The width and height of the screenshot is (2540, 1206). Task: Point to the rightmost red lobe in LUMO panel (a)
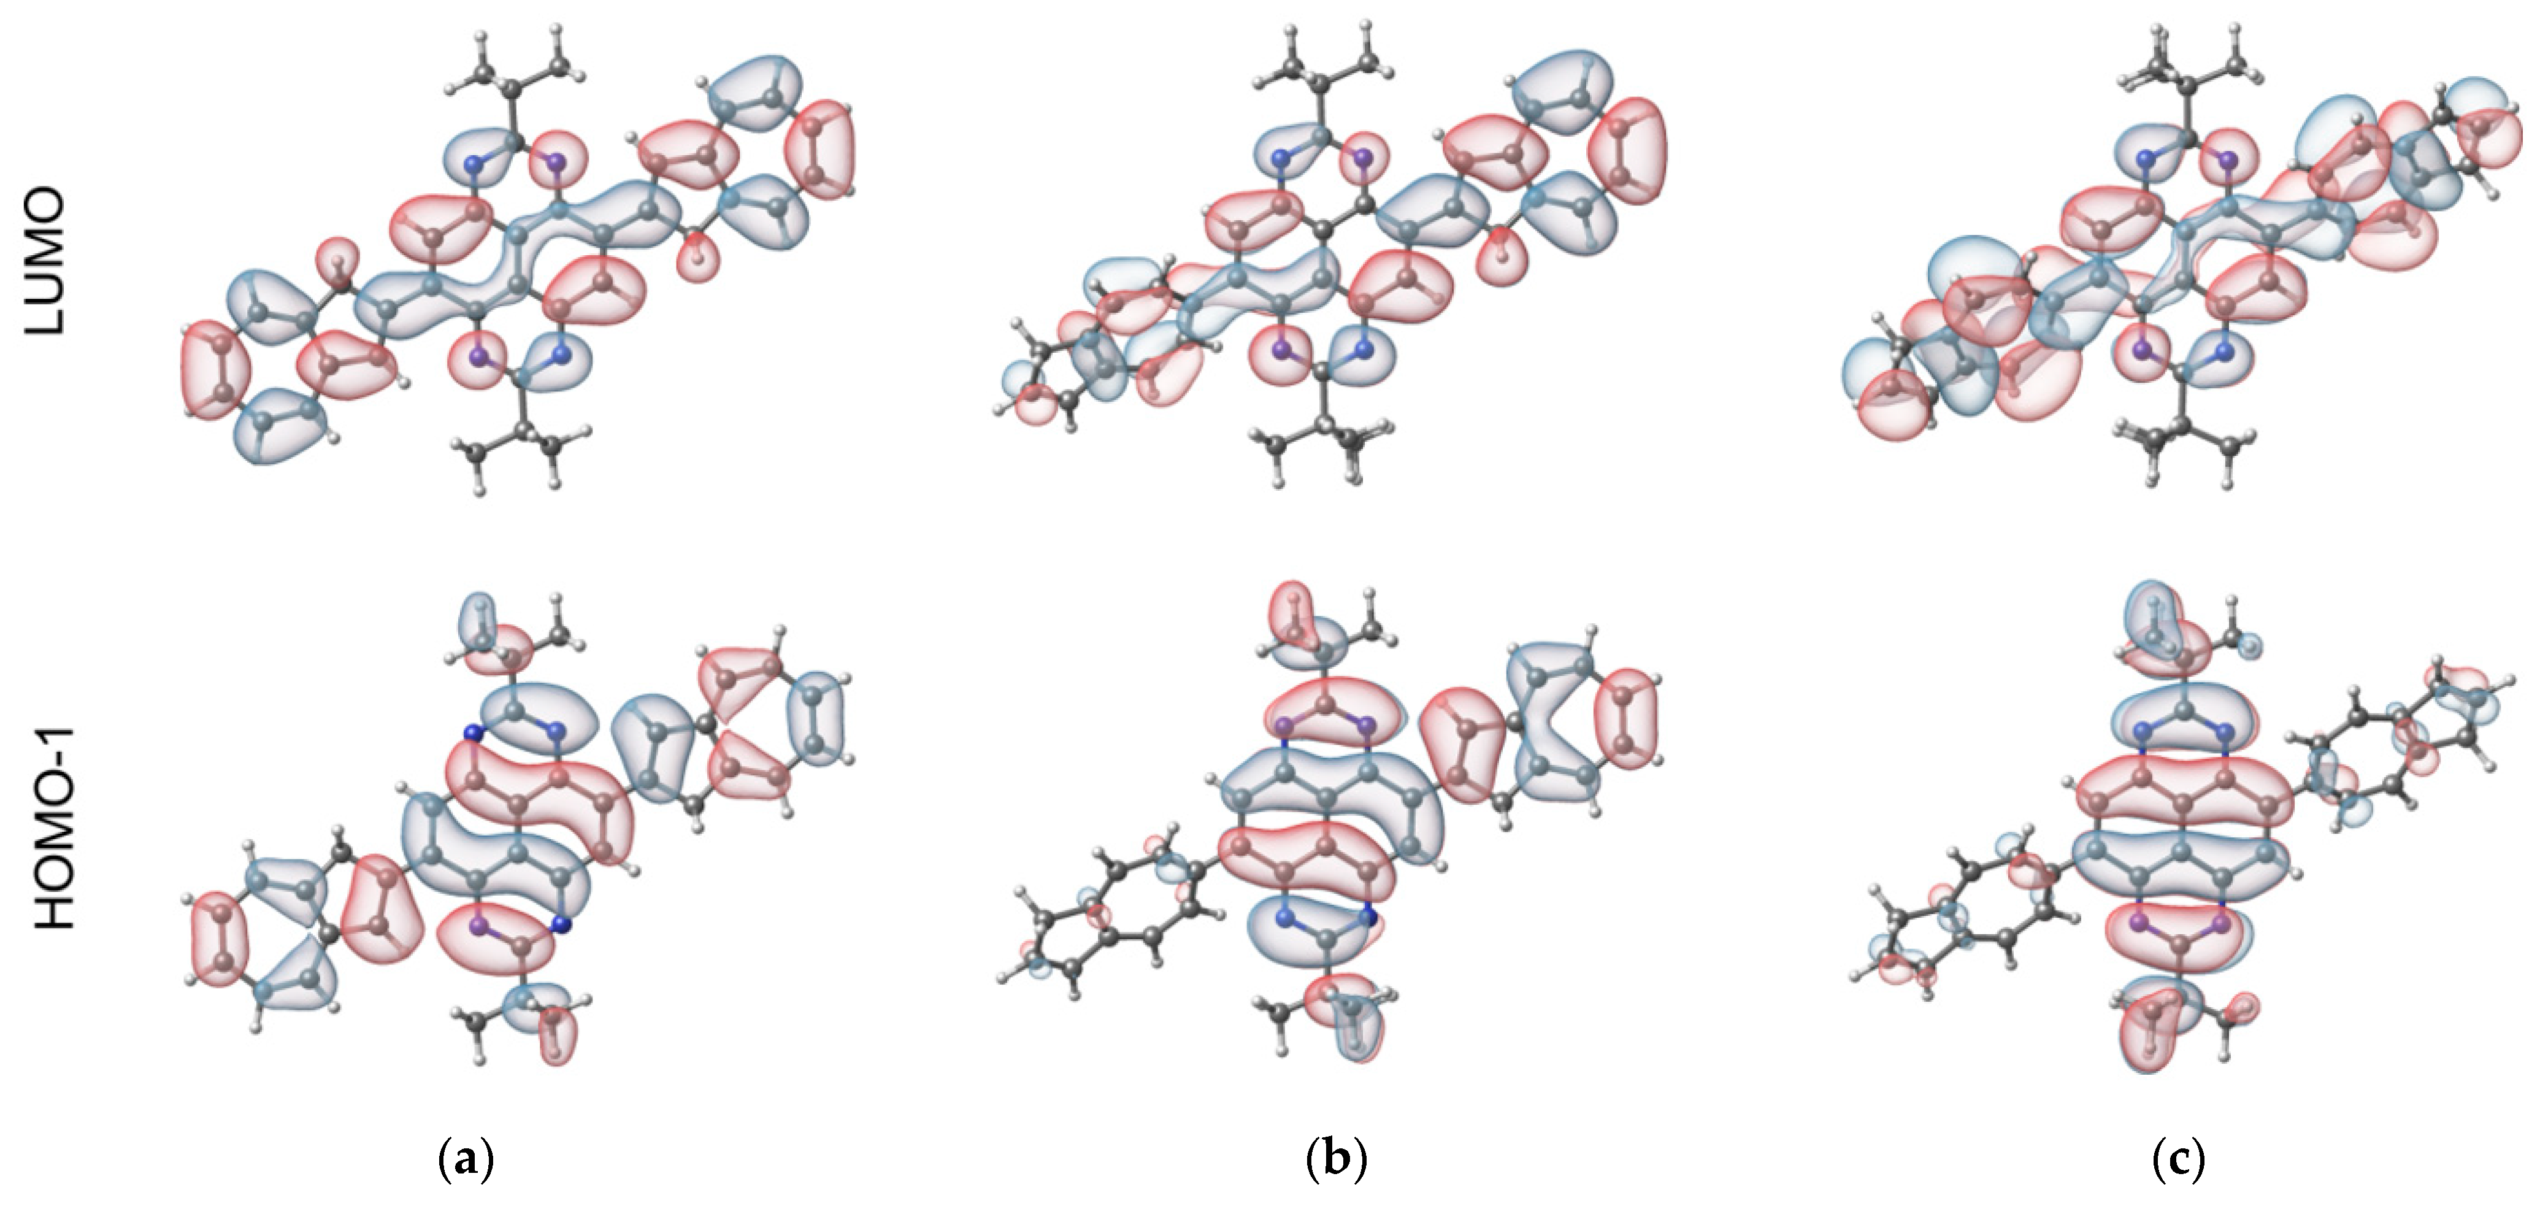point(819,148)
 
